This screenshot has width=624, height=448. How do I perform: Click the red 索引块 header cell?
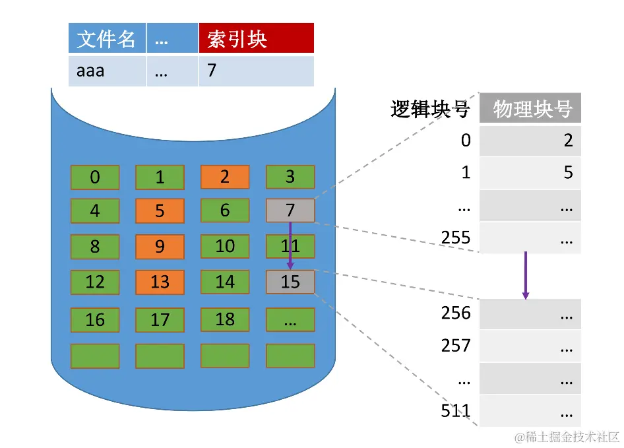pyautogui.click(x=256, y=38)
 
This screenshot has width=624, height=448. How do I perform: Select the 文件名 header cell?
pyautogui.click(x=107, y=38)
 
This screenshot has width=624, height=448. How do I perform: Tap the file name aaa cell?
pyautogui.click(x=107, y=71)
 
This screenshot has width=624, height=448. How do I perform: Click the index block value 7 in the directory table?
pyautogui.click(x=256, y=71)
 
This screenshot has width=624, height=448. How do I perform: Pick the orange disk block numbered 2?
pyautogui.click(x=225, y=177)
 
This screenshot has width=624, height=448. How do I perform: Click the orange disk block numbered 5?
pyautogui.click(x=160, y=210)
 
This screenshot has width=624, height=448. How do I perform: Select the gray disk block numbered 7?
pyautogui.click(x=290, y=210)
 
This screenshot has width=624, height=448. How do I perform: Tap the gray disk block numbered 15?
pyautogui.click(x=290, y=282)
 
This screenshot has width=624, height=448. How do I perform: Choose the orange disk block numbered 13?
pyautogui.click(x=160, y=282)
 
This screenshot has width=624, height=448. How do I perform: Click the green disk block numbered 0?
pyautogui.click(x=95, y=177)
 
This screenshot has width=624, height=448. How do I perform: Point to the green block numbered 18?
pyautogui.click(x=225, y=319)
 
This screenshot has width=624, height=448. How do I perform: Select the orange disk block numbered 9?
pyautogui.click(x=160, y=246)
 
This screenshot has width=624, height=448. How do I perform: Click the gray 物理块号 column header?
pyautogui.click(x=530, y=108)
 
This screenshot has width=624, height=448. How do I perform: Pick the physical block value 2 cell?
pyautogui.click(x=530, y=141)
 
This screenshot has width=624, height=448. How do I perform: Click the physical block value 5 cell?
pyautogui.click(x=530, y=173)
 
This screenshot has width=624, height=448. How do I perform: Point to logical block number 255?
pyautogui.click(x=456, y=238)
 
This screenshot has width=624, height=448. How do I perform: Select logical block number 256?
pyautogui.click(x=456, y=313)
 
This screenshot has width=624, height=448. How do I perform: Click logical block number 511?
pyautogui.click(x=456, y=412)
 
